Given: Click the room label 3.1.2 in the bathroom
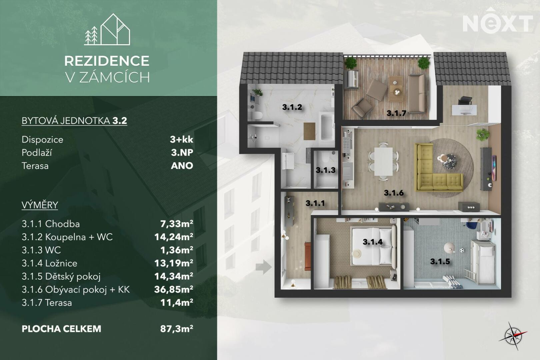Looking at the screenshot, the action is (x=292, y=107).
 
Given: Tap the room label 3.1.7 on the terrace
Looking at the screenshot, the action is (x=397, y=113).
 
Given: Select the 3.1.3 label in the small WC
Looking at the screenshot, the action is (x=325, y=170).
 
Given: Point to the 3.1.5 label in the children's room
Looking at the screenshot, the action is (x=440, y=262).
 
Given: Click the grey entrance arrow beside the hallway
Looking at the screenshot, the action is (x=264, y=267).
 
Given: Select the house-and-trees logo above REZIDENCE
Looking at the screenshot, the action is (x=107, y=29).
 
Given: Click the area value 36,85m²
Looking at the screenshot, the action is (x=174, y=289).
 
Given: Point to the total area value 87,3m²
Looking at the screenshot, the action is (x=177, y=329).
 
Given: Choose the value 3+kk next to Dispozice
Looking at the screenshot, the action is (x=182, y=139).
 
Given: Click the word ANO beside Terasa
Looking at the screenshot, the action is (x=182, y=166).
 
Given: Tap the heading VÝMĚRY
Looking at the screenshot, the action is (x=40, y=205).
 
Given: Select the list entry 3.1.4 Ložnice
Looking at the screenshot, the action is (x=49, y=263).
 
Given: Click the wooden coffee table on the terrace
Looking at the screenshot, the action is (x=396, y=89).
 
